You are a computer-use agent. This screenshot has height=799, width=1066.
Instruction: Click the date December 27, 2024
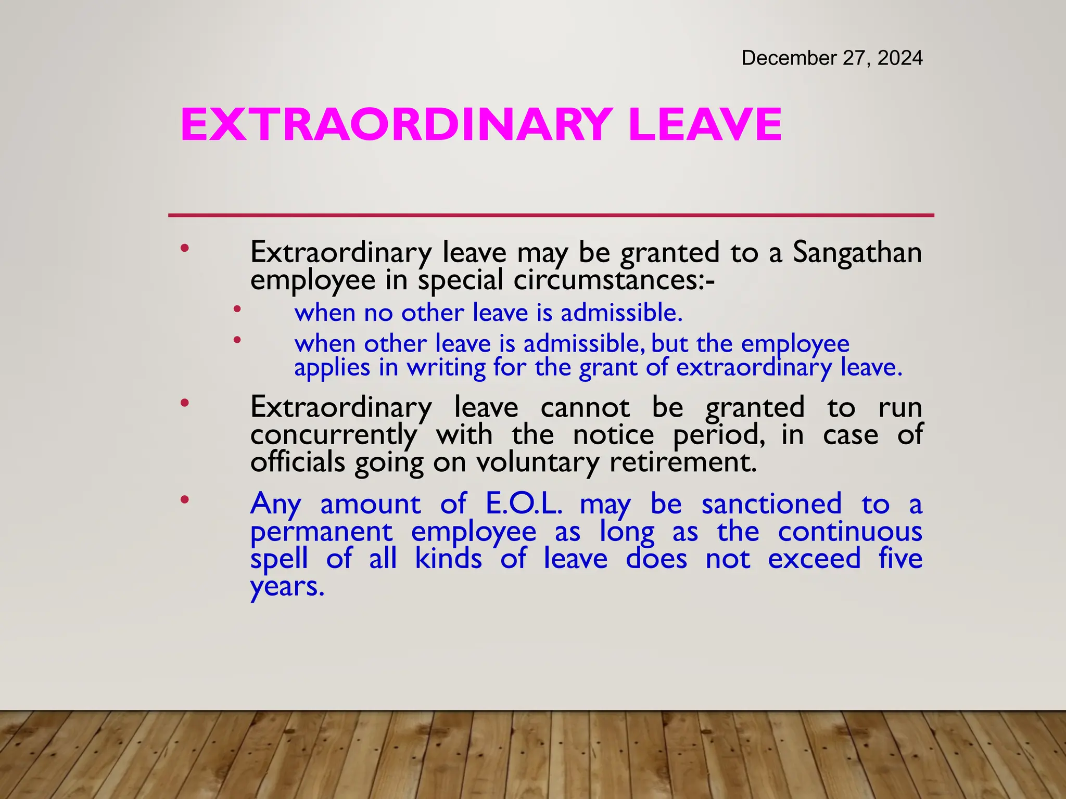pos(832,58)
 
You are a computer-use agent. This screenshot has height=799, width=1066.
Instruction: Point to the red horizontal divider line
pos(551,215)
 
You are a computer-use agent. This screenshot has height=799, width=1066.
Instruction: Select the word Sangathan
pos(857,253)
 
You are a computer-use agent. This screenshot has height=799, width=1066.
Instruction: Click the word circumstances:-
pos(614,280)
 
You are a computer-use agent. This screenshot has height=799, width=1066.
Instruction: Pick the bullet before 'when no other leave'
pos(237,310)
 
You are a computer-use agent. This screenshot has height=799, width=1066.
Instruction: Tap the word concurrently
pos(334,435)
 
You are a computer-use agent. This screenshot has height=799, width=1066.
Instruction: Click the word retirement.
pos(683,462)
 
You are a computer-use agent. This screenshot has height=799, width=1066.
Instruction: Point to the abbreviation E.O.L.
pos(524,504)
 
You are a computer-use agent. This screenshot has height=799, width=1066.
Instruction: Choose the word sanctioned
pos(771,504)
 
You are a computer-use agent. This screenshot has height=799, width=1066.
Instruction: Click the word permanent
pos(321,532)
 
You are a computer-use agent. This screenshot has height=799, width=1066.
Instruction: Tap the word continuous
pos(850,532)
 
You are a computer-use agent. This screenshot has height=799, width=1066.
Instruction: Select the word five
pos(900,559)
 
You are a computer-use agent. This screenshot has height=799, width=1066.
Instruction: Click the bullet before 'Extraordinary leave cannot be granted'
pos(184,403)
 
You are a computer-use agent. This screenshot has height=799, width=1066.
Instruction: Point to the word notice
pos(613,435)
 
